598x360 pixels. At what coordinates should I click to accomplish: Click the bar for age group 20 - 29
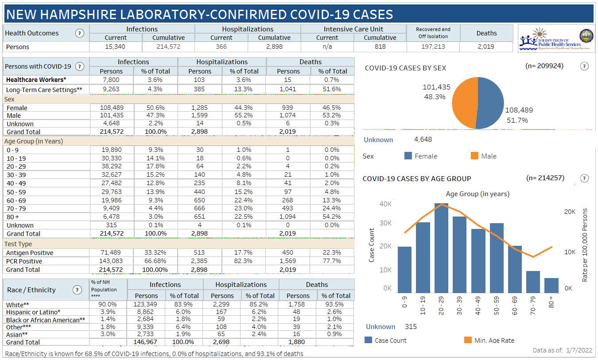[x=441, y=248]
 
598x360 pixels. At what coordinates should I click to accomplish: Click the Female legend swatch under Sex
[x=408, y=156]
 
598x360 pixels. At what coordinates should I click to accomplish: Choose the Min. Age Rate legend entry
[x=468, y=340]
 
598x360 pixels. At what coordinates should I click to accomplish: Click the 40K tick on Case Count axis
[x=385, y=204]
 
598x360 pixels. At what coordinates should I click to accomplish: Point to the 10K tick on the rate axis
[x=570, y=252]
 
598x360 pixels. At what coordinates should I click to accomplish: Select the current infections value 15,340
[x=115, y=46]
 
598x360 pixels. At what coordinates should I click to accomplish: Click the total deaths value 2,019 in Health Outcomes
[x=486, y=46]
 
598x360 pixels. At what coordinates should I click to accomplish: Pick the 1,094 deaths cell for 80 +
[x=288, y=217]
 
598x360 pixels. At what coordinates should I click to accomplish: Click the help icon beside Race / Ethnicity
[x=77, y=290]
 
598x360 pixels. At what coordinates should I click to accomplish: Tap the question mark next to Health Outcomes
[x=80, y=33]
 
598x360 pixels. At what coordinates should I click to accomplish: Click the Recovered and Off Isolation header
[x=433, y=33]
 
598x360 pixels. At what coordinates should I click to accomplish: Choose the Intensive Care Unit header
[x=353, y=29]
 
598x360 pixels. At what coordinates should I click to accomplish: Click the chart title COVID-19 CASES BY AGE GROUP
[x=417, y=178]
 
